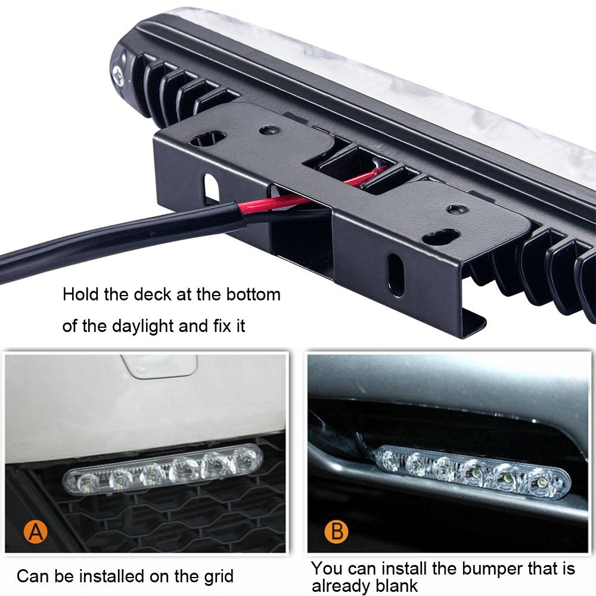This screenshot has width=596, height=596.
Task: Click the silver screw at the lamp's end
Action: (x=118, y=74)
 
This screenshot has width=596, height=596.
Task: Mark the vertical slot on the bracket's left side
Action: (x=210, y=189)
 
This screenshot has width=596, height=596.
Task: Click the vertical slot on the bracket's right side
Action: (x=395, y=274)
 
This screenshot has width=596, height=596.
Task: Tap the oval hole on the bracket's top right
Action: (x=440, y=237)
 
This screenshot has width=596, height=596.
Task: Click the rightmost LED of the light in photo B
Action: (x=542, y=482)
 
